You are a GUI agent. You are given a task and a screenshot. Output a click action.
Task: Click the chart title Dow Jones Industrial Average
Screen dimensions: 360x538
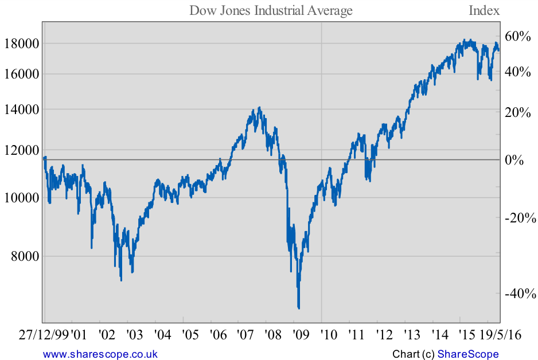[x=271, y=10]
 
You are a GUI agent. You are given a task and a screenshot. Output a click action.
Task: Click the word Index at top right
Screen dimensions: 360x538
[x=484, y=10]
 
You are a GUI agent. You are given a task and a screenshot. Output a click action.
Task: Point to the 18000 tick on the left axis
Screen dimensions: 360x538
[x=22, y=44]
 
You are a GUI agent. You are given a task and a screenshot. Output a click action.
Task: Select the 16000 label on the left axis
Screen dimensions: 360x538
[x=22, y=74]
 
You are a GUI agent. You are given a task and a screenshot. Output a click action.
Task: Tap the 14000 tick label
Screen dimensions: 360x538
[x=22, y=109]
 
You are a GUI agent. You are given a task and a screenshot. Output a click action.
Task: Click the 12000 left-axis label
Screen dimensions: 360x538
[x=22, y=150]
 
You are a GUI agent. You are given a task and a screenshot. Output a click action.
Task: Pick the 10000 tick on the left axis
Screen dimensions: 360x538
[x=22, y=198]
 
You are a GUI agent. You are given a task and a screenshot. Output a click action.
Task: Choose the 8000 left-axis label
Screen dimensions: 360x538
[x=26, y=256]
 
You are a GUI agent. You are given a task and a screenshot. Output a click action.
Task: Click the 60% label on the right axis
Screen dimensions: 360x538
[x=518, y=36]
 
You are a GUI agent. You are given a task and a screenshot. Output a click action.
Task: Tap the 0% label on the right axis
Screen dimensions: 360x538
[x=514, y=160]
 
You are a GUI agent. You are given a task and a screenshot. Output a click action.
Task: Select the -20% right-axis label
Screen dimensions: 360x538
[x=520, y=218]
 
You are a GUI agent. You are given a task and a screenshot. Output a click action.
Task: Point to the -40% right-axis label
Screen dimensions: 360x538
[x=520, y=294]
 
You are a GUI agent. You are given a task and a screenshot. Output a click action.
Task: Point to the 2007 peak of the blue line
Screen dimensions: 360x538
[x=259, y=107]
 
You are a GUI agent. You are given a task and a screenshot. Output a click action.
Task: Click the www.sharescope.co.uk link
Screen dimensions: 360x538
[x=100, y=354]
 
